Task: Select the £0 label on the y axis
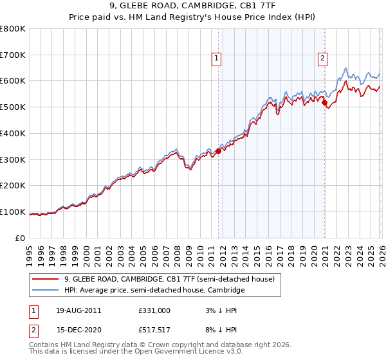click(21, 238)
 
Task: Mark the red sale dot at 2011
click(218, 151)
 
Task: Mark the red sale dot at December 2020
click(325, 102)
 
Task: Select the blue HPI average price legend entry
click(154, 291)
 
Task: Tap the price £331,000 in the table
click(154, 310)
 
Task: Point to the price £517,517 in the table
click(154, 330)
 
